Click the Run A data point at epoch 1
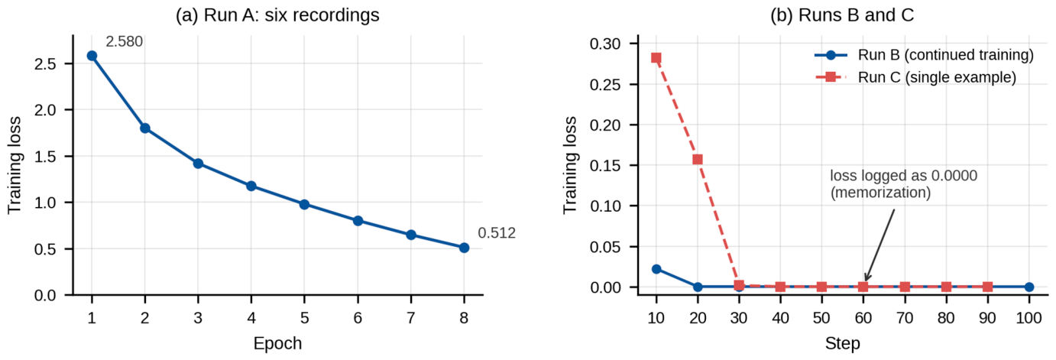(x=92, y=56)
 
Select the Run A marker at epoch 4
(x=251, y=186)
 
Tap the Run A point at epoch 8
(x=464, y=248)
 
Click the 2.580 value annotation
(x=124, y=42)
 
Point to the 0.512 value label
(x=497, y=233)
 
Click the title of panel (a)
(x=277, y=15)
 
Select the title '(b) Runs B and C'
(x=842, y=15)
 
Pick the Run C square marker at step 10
(x=656, y=58)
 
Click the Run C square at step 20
(x=697, y=160)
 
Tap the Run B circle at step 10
(x=656, y=269)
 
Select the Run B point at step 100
(x=1029, y=287)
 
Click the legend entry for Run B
(x=924, y=55)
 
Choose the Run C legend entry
(x=915, y=77)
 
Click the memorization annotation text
(x=904, y=184)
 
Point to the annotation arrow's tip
(x=866, y=282)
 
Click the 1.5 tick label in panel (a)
(x=46, y=156)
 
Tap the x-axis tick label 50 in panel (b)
(x=821, y=318)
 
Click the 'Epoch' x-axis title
(x=277, y=343)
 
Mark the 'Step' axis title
(x=843, y=343)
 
